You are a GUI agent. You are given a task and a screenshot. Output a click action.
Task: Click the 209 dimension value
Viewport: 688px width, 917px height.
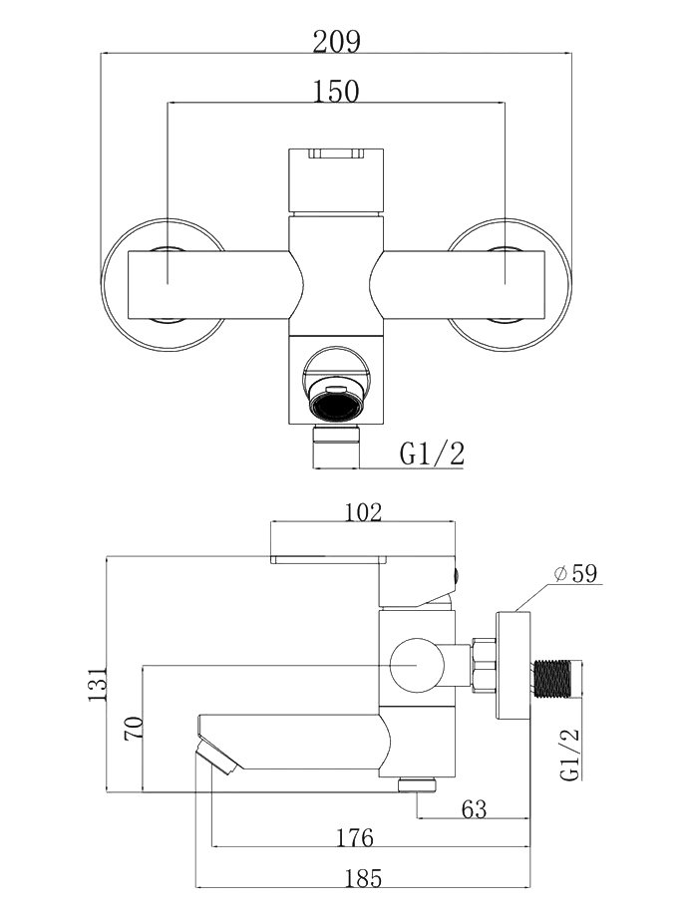click(336, 42)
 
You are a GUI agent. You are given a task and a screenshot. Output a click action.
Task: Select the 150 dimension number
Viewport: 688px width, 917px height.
click(336, 92)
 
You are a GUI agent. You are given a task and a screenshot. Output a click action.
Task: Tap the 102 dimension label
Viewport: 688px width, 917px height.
click(362, 511)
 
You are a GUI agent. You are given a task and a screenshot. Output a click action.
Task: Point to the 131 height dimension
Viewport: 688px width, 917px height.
click(98, 683)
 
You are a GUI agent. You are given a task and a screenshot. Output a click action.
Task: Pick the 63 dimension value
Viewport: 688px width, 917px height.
click(474, 808)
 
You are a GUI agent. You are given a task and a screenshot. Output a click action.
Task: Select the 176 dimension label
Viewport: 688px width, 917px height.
click(355, 837)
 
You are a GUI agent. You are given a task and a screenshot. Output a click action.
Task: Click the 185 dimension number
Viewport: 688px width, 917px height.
click(363, 878)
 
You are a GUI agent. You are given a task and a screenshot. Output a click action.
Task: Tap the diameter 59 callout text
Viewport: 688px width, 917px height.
click(575, 574)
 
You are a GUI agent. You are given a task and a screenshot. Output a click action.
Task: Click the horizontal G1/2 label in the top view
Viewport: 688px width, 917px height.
click(433, 454)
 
